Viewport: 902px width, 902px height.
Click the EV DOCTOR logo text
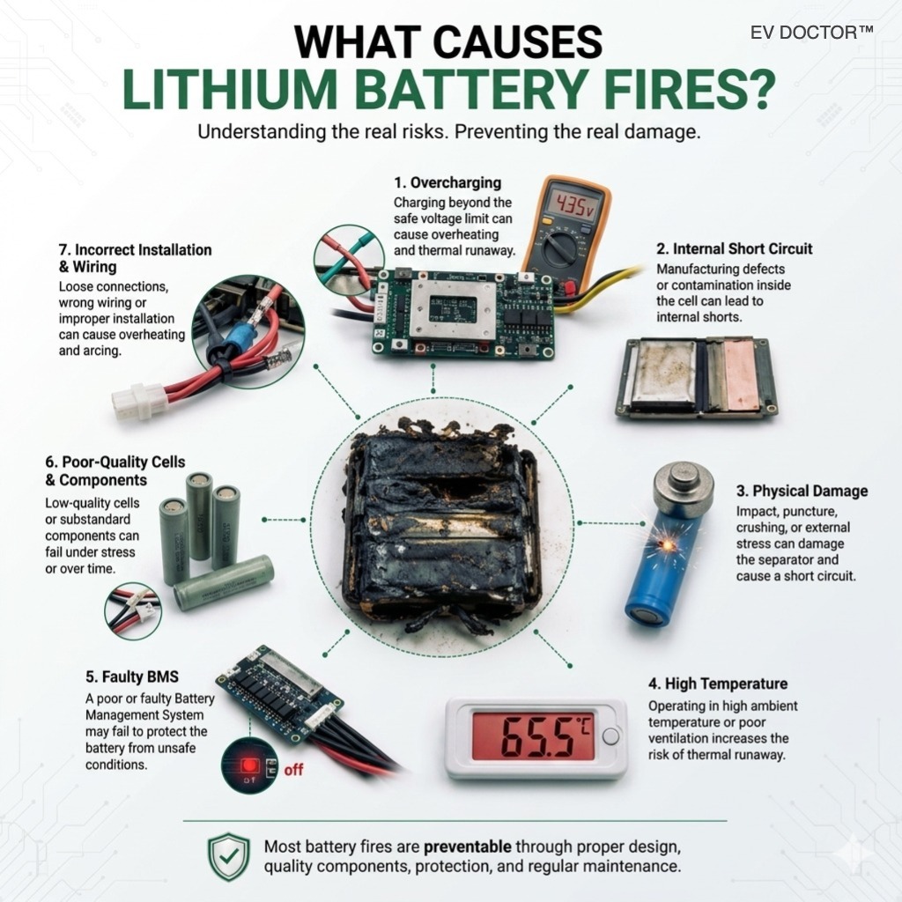(x=811, y=33)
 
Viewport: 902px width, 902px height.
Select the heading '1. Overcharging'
(x=447, y=183)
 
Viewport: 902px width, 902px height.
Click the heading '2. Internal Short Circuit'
(x=734, y=248)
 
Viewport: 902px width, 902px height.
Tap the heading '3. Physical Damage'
(x=802, y=491)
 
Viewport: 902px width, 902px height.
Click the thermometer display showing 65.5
(x=533, y=736)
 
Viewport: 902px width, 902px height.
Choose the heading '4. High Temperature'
(x=718, y=684)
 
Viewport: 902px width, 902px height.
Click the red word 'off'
(x=293, y=770)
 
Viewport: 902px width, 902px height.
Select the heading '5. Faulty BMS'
(x=132, y=676)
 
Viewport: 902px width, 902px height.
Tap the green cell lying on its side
(x=223, y=581)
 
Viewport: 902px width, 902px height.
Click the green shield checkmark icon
(x=229, y=856)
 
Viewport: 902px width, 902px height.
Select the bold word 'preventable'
(x=467, y=847)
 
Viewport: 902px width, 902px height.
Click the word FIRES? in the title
(x=684, y=89)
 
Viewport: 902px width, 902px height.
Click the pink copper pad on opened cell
(x=741, y=374)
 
